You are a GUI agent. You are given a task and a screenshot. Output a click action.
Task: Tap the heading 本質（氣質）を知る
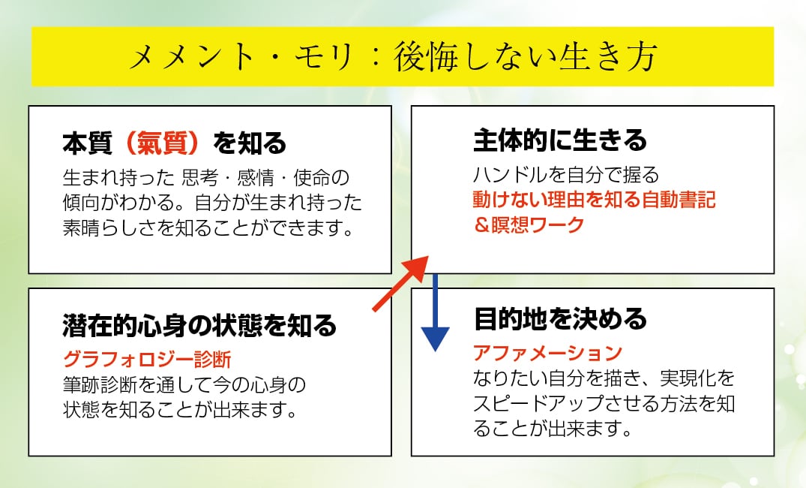175,142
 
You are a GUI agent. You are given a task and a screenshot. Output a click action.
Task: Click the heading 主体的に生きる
560,140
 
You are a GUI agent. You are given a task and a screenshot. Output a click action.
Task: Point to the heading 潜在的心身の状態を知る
199,326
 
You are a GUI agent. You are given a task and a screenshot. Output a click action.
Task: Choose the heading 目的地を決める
560,320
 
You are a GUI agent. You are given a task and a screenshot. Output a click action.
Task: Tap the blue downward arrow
434,315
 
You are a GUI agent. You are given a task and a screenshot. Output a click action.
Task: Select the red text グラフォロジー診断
146,357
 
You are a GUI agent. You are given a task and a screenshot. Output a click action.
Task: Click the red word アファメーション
548,351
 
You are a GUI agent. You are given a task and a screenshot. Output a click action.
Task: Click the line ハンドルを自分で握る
566,176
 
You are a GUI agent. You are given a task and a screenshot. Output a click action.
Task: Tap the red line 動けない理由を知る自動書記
594,200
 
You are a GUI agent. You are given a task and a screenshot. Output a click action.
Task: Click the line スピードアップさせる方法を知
604,404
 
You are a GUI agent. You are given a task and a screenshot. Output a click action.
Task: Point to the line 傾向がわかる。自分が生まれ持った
212,203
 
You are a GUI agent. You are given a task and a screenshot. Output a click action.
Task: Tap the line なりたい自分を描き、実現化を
604,378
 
